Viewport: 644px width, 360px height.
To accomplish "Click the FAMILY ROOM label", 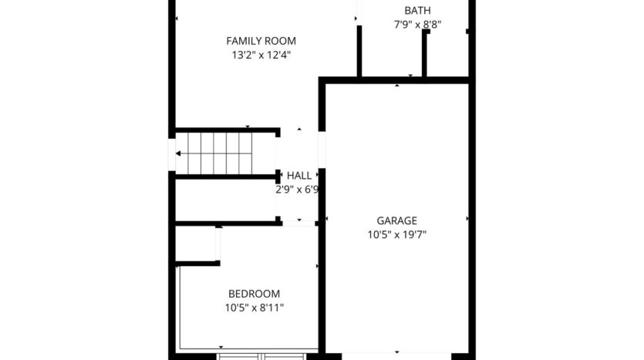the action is click(x=261, y=41).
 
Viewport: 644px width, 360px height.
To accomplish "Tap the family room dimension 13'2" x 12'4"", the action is click(x=261, y=55).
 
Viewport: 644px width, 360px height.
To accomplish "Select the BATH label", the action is click(x=418, y=10).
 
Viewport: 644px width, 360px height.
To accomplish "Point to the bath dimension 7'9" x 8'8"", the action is click(x=418, y=25).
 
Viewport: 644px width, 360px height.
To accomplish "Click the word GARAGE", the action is click(x=396, y=220).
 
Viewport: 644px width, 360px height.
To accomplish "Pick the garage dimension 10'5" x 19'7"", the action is click(x=396, y=235).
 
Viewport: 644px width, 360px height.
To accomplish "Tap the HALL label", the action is click(x=299, y=176).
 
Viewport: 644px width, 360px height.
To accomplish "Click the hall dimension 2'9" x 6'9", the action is click(x=297, y=190).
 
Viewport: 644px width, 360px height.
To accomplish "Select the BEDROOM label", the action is click(x=255, y=294).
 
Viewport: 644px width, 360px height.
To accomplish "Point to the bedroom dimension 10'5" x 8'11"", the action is click(x=255, y=308).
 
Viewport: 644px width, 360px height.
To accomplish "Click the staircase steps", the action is click(x=220, y=153).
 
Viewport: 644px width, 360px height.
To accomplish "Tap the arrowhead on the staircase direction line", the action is click(x=178, y=153).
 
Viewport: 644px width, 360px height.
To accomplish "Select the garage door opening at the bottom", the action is click(x=396, y=356).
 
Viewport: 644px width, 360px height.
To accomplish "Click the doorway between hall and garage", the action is click(x=322, y=150).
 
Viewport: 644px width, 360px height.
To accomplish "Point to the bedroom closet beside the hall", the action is click(x=196, y=244).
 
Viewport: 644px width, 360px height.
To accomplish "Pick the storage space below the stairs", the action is click(x=225, y=200).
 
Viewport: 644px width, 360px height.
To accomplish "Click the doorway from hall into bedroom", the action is click(x=299, y=224).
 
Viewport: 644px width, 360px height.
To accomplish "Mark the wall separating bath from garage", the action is click(x=397, y=80).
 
